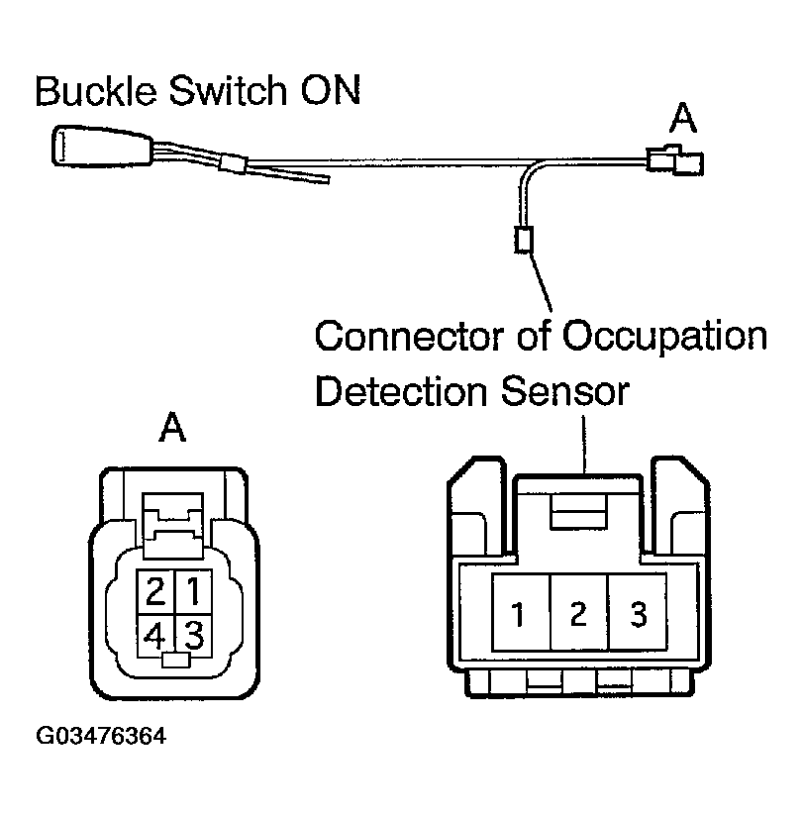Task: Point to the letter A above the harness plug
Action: coord(683,120)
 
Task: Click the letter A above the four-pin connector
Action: coord(174,430)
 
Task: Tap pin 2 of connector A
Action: coord(155,592)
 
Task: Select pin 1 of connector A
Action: coord(194,592)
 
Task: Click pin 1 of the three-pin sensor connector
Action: coord(519,614)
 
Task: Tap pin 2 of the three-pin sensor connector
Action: coord(578,614)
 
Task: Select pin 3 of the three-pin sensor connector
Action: coord(639,614)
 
